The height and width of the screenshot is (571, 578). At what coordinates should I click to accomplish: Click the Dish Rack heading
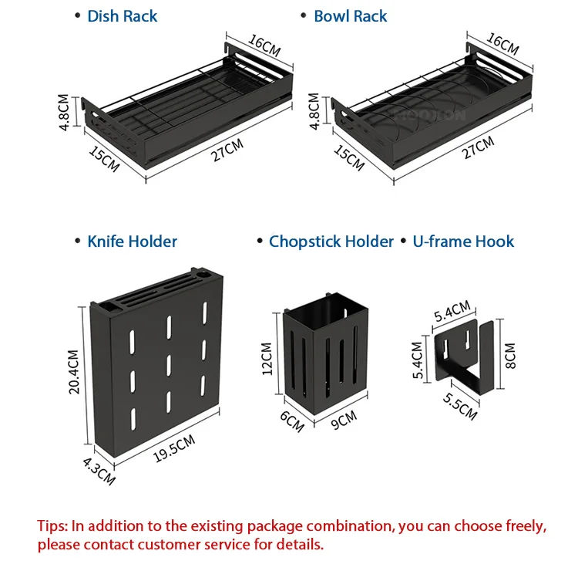pyautogui.click(x=122, y=16)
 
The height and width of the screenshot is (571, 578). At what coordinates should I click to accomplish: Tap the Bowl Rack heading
pyautogui.click(x=350, y=16)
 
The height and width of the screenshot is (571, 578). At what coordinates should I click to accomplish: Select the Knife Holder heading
pyautogui.click(x=132, y=242)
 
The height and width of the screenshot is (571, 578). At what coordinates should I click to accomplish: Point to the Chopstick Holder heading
pyautogui.click(x=331, y=242)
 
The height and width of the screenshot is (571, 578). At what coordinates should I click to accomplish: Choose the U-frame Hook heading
pyautogui.click(x=463, y=242)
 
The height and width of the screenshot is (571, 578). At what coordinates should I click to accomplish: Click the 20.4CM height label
pyautogui.click(x=74, y=372)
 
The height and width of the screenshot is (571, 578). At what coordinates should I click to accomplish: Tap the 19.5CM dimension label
pyautogui.click(x=174, y=448)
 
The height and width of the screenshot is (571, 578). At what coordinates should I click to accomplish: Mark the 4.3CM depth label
pyautogui.click(x=99, y=471)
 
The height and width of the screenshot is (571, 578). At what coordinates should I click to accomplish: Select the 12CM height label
pyautogui.click(x=267, y=359)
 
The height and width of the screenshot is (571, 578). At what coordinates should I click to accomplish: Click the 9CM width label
pyautogui.click(x=344, y=420)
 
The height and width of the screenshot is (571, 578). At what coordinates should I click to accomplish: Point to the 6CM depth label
pyautogui.click(x=292, y=421)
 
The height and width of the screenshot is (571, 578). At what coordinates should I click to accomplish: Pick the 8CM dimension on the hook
pyautogui.click(x=510, y=356)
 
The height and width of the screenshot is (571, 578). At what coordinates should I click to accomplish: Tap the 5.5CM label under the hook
pyautogui.click(x=459, y=407)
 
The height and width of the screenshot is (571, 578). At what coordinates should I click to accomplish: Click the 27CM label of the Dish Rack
pyautogui.click(x=227, y=150)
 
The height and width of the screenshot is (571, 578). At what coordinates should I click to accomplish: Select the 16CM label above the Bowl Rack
pyautogui.click(x=502, y=43)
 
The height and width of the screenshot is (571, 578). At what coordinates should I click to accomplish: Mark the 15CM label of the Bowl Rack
pyautogui.click(x=349, y=157)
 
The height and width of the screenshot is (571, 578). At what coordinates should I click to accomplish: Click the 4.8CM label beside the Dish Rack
pyautogui.click(x=63, y=112)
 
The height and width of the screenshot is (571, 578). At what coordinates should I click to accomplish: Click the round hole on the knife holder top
pyautogui.click(x=204, y=275)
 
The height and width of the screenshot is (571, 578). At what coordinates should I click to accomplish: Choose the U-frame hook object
pyautogui.click(x=465, y=355)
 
